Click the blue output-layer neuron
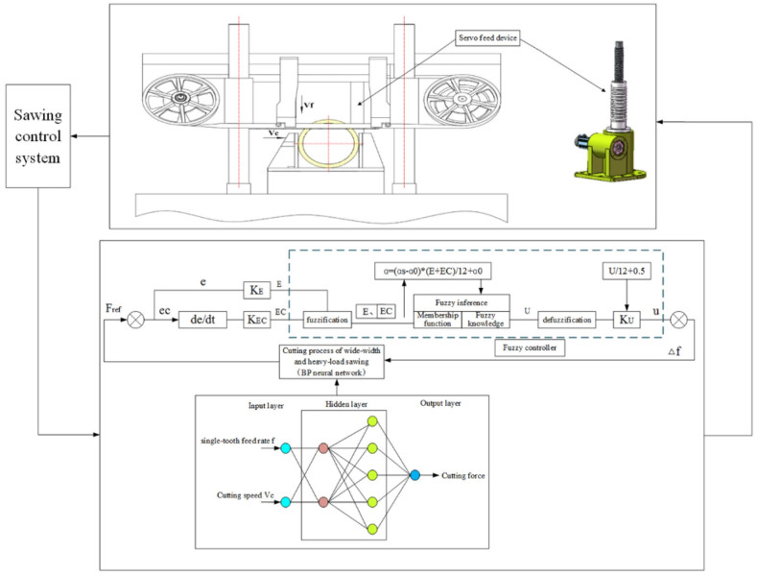pyautogui.click(x=414, y=475)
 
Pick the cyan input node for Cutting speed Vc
pyautogui.click(x=284, y=500)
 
